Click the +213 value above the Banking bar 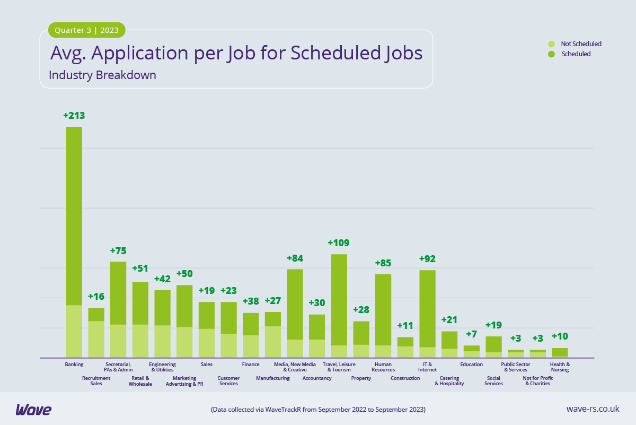pos(74,116)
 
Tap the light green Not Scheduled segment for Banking pos(74,331)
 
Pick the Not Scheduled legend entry pos(580,44)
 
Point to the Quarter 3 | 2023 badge pos(87,30)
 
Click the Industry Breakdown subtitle pos(102,75)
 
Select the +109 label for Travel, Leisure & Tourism pos(339,243)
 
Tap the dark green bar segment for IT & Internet pos(427,308)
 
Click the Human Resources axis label pos(383,367)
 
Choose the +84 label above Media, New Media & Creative pos(295,258)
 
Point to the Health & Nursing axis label pos(560,367)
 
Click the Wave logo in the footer pos(33,409)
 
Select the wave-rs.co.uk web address pos(593,409)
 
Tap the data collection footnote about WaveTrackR pos(318,410)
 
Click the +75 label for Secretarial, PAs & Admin pos(118,251)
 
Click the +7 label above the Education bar pos(471,334)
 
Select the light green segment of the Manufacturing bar pos(273,342)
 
